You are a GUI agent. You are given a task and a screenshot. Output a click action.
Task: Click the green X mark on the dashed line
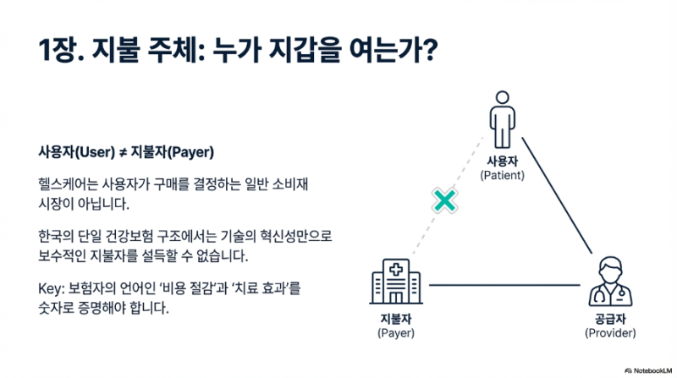pos(444,200)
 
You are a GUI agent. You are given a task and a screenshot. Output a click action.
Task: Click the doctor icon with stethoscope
pos(609,283)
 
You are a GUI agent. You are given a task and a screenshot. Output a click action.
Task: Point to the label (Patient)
pos(503,175)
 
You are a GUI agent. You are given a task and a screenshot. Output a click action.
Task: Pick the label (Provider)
pos(610,333)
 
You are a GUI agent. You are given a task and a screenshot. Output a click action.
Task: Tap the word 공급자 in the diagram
pos(610,319)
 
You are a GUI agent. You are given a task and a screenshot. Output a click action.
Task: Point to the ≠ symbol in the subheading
pos(121,152)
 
